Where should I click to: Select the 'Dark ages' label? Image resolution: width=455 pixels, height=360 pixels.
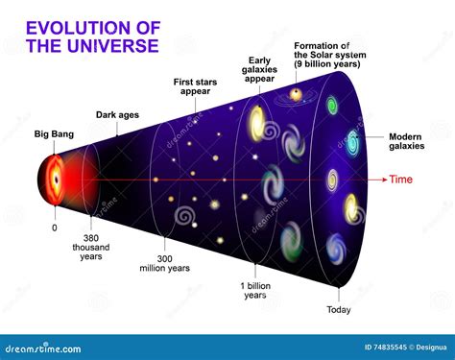[x=117, y=116]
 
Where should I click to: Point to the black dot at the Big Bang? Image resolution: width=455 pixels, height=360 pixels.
[x=54, y=180]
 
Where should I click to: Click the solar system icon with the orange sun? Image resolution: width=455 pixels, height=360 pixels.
[x=297, y=94]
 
